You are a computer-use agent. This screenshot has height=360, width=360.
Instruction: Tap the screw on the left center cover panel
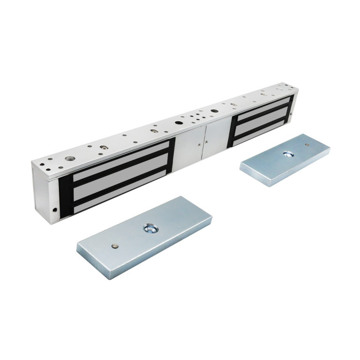click(x=199, y=145)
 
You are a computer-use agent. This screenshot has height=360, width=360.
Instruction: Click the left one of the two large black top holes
click(x=179, y=123)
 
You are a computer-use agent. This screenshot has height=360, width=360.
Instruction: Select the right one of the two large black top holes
click(x=214, y=111)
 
